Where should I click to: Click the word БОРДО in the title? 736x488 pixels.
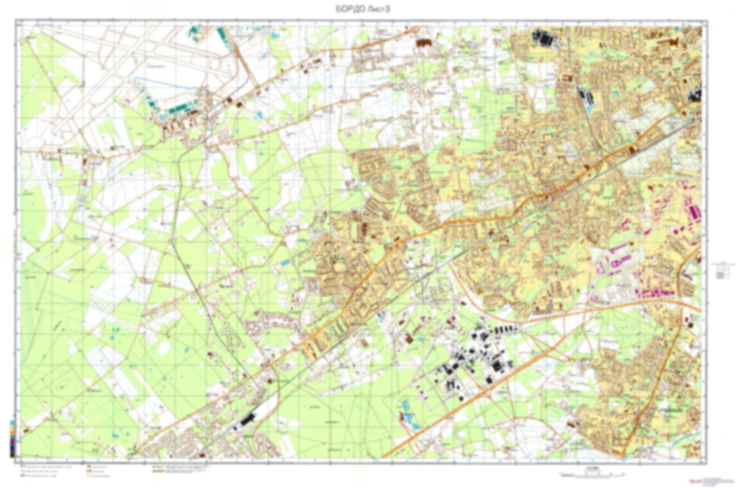pos(349,10)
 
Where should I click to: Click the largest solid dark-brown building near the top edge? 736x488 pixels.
pos(424,43)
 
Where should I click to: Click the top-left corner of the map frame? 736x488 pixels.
pos(16,20)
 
